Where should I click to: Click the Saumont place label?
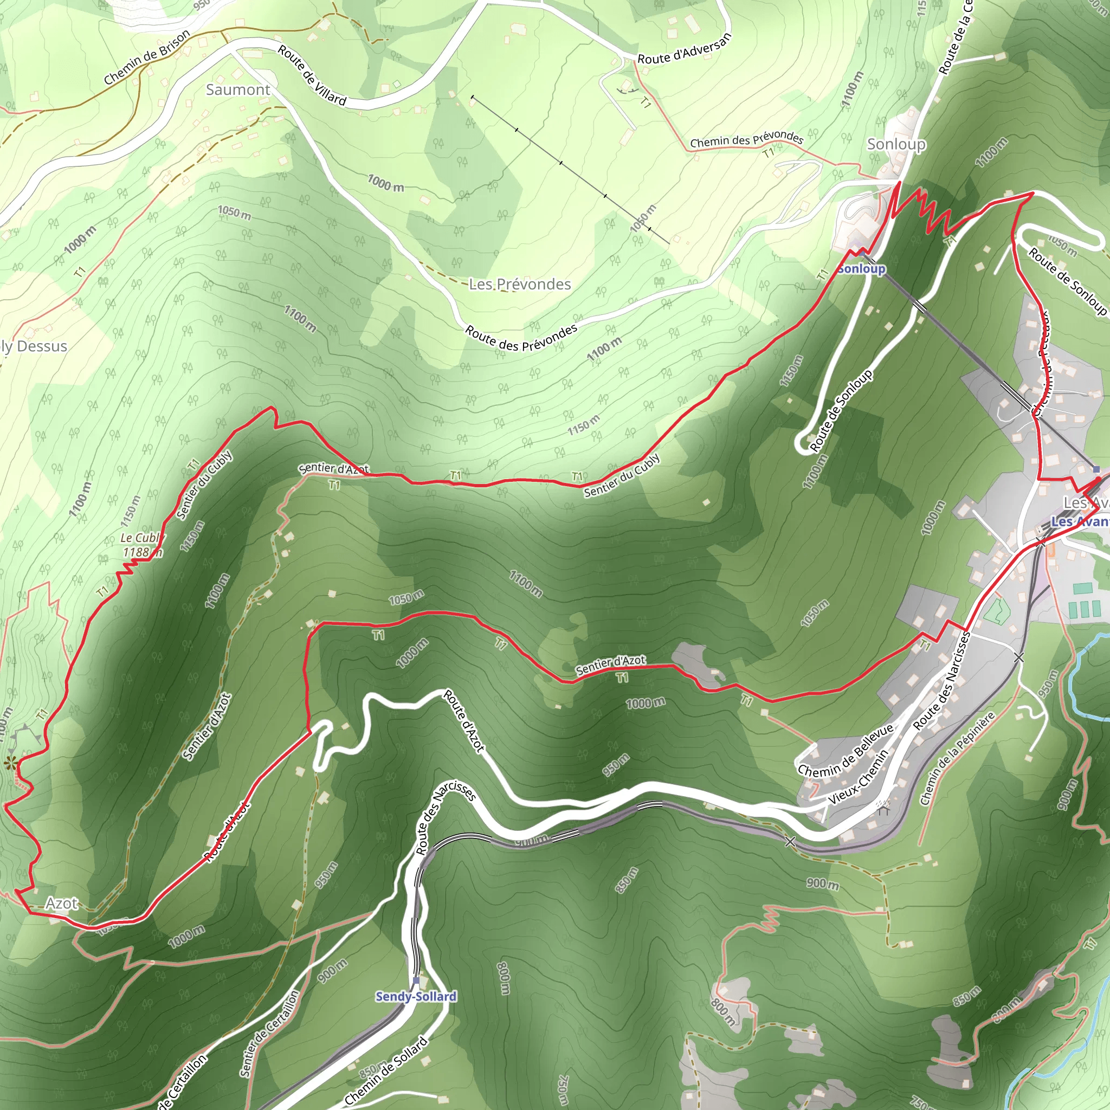tap(238, 89)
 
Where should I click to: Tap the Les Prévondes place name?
tap(519, 284)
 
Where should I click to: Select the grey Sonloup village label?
tap(896, 144)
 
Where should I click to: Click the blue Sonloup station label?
tap(861, 269)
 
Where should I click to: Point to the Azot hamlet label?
tap(61, 904)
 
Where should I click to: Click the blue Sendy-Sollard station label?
tap(416, 996)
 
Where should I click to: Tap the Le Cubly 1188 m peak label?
tap(141, 545)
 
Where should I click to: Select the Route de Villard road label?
tap(312, 75)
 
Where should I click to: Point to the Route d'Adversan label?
tap(685, 49)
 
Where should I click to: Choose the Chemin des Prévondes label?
tap(746, 139)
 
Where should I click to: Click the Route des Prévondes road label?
tap(521, 338)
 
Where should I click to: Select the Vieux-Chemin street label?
tap(858, 776)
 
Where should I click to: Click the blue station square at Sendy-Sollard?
tap(416, 980)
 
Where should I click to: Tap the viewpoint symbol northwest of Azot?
tap(10, 763)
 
